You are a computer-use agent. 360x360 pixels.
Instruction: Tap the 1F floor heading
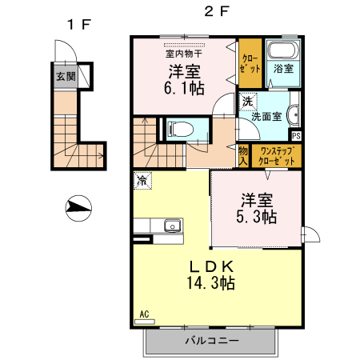[78, 24]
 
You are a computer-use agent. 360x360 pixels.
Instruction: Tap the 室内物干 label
[185, 54]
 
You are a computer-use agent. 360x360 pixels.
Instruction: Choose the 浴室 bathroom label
[283, 70]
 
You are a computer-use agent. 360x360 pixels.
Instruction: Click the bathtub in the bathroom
[282, 51]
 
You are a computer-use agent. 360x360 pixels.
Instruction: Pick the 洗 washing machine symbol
[248, 102]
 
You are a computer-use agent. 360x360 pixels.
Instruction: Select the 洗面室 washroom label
[267, 116]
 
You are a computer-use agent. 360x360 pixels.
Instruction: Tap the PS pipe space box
[295, 135]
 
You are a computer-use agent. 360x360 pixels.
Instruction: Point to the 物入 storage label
[243, 156]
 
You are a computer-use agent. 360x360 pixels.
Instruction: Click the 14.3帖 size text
[210, 282]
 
